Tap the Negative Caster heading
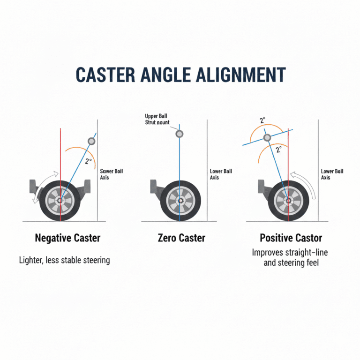coord(67,238)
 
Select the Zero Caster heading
coord(181,238)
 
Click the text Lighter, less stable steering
coord(65,260)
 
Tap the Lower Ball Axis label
coord(220,174)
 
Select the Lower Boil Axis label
coord(332,174)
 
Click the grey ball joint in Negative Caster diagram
coord(91,142)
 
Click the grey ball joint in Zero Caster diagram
coord(179,134)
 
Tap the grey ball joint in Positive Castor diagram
coord(267,137)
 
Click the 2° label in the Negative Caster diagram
coord(88,161)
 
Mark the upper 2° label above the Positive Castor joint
coord(263,120)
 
